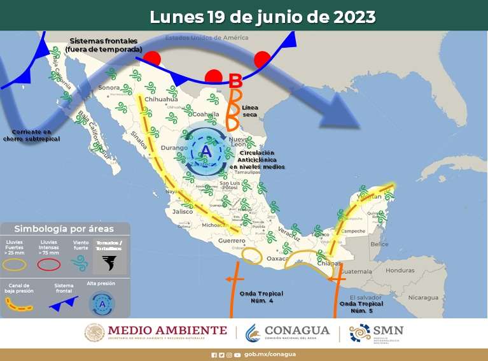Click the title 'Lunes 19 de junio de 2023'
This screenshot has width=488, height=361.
coord(263,17)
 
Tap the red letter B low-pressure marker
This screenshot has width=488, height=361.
coord(235,81)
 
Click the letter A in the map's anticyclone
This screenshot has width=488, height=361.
coord(206,151)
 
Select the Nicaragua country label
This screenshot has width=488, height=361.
coord(422,297)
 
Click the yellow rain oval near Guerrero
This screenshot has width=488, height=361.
coord(252,256)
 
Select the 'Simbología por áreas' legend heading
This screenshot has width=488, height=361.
coord(64,229)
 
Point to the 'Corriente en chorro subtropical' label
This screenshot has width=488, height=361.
coord(31,134)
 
